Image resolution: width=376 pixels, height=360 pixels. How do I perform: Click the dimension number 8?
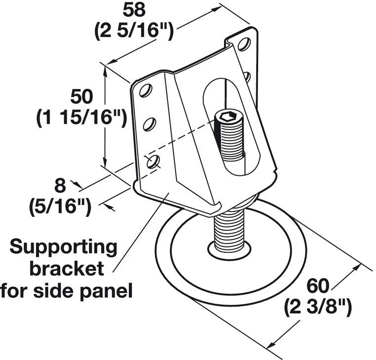pyautogui.click(x=60, y=186)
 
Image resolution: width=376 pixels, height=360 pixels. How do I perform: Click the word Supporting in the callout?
pyautogui.click(x=64, y=247)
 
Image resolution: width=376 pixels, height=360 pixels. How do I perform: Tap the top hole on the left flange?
pyautogui.click(x=145, y=91)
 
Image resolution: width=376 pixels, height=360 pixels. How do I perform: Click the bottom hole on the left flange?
pyautogui.click(x=153, y=161)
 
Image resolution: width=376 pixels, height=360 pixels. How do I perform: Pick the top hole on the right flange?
pyautogui.click(x=243, y=44)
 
